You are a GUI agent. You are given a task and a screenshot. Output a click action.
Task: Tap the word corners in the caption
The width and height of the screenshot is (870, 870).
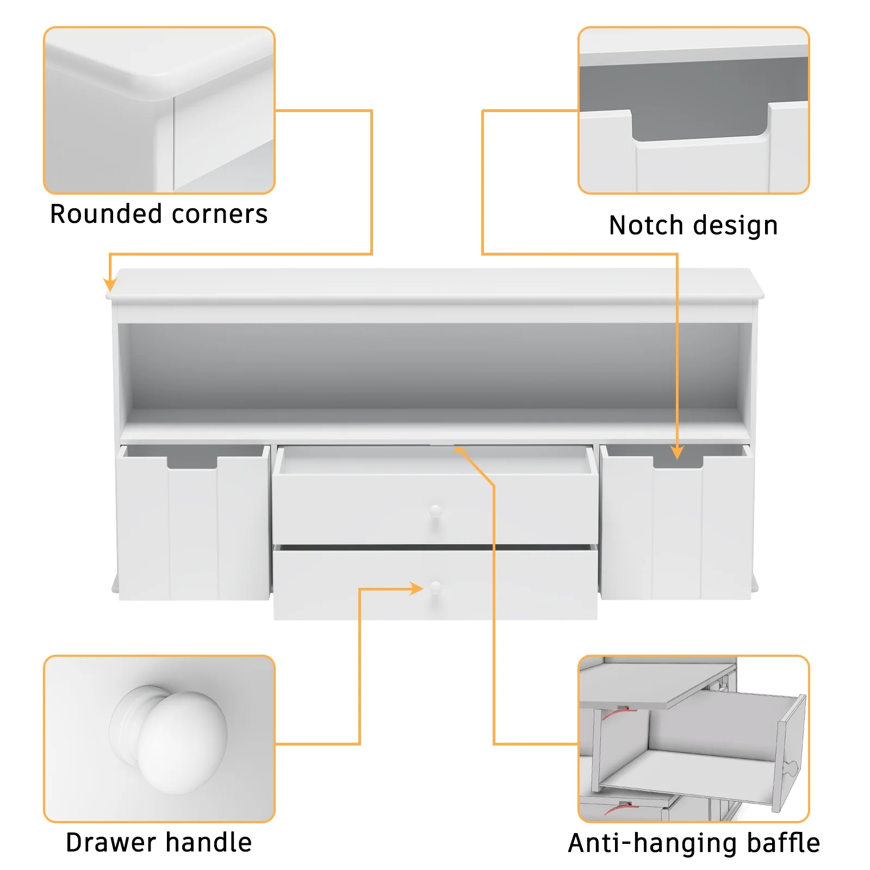point(220,215)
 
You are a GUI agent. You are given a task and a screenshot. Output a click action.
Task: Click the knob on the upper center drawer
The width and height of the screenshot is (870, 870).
point(435,511)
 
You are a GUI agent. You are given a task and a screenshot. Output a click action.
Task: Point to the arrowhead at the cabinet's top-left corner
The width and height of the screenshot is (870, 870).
point(110,284)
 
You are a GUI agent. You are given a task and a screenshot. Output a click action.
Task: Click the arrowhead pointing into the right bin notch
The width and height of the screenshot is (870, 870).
point(677,452)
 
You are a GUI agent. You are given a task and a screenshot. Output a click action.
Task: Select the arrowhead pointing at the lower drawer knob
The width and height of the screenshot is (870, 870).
point(417,589)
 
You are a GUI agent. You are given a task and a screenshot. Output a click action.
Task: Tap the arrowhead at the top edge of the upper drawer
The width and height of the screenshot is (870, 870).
point(459,451)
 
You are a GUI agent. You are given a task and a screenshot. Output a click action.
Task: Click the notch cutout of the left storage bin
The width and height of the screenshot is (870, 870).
point(192,462)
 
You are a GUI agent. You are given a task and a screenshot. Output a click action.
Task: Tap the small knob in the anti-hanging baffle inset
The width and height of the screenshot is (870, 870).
point(791,768)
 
